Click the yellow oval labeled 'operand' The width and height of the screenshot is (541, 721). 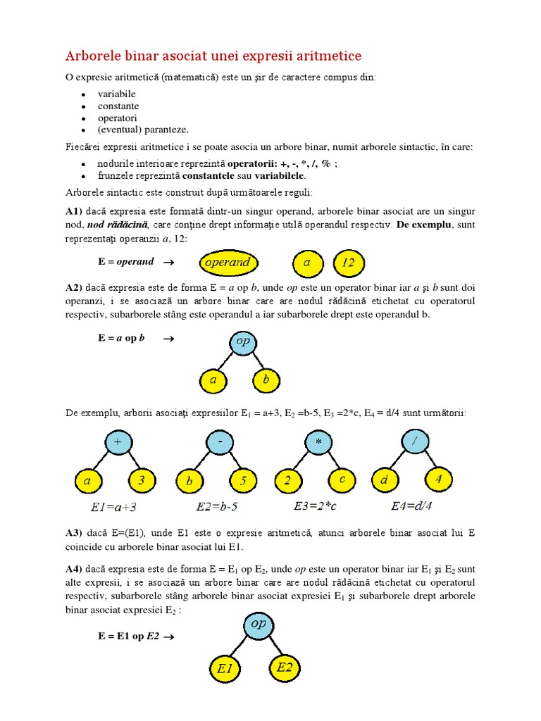228,263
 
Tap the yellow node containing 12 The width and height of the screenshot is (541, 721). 348,263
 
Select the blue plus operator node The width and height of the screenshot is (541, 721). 118,442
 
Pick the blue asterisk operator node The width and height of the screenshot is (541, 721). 318,442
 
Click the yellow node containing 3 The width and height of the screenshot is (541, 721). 142,482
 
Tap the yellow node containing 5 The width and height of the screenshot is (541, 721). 243,482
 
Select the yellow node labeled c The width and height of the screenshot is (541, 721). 342,480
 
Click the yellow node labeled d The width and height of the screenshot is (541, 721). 385,480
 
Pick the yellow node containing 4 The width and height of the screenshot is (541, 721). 439,479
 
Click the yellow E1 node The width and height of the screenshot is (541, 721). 225,670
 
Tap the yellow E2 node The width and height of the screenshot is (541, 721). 284,667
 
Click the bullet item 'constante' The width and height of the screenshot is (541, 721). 118,106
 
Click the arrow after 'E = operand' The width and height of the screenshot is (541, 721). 168,262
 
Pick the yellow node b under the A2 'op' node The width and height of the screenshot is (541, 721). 266,381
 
